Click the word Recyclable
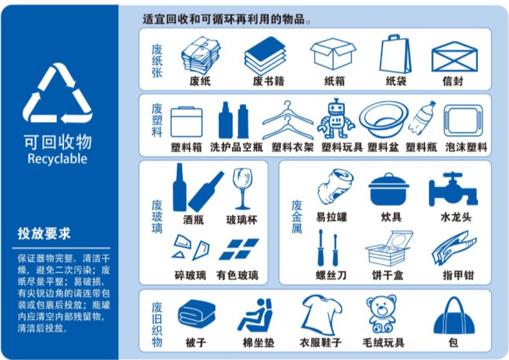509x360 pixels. pyautogui.click(x=57, y=159)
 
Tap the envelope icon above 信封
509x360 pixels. pyautogui.click(x=455, y=57)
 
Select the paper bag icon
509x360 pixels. pyautogui.click(x=395, y=54)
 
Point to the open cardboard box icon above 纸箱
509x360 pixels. pyautogui.click(x=333, y=54)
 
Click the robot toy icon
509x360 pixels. pyautogui.click(x=336, y=119)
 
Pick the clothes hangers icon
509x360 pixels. pyautogui.click(x=287, y=120)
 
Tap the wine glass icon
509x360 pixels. pyautogui.click(x=242, y=189)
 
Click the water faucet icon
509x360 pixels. pyautogui.click(x=453, y=189)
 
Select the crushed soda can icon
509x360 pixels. pyautogui.click(x=335, y=186)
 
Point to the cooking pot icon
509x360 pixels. pyautogui.click(x=389, y=189)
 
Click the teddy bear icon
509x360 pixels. pyautogui.click(x=382, y=314)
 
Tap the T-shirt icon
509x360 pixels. pyautogui.click(x=321, y=314)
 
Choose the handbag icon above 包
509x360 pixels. pyautogui.click(x=454, y=316)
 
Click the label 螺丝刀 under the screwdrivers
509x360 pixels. pyautogui.click(x=331, y=275)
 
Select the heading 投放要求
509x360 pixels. pyautogui.click(x=44, y=233)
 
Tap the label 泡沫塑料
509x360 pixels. pyautogui.click(x=466, y=147)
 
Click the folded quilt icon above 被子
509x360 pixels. pyautogui.click(x=197, y=313)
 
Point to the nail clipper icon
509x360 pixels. pyautogui.click(x=454, y=248)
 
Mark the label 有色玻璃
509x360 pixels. pyautogui.click(x=237, y=275)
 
